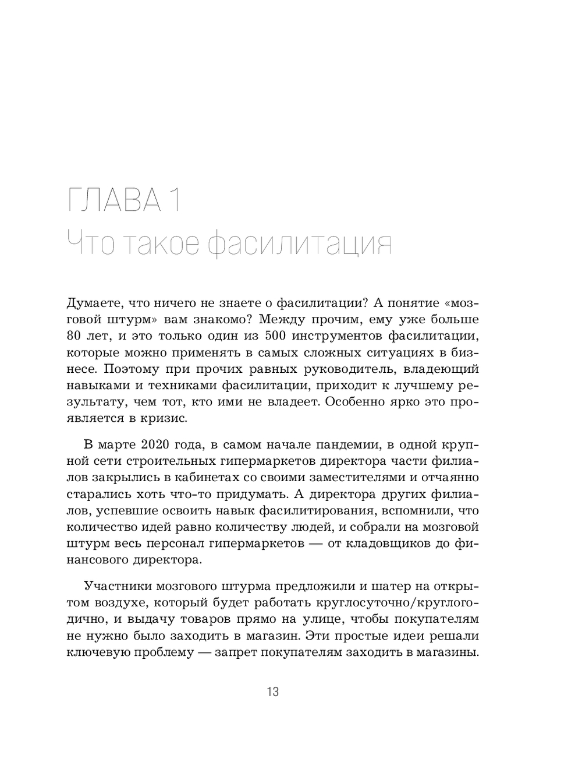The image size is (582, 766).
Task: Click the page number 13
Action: [x=273, y=692]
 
